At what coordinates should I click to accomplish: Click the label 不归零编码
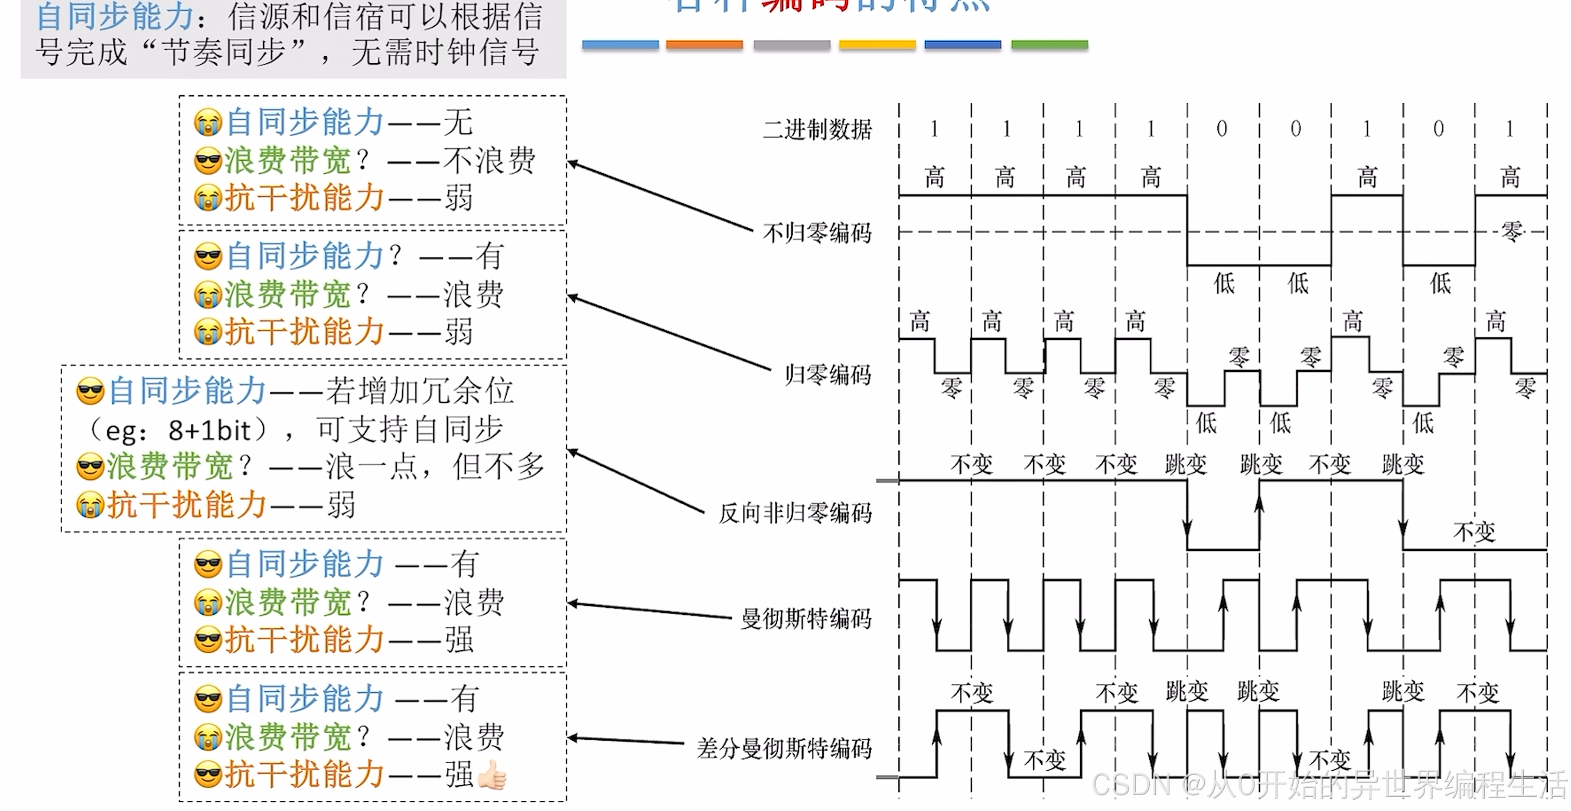[817, 233]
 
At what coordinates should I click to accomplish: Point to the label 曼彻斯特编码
[806, 619]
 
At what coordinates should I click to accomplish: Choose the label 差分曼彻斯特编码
[784, 748]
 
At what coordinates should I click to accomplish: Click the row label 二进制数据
[817, 129]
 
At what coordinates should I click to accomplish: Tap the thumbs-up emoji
[492, 776]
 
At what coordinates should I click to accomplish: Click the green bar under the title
[1049, 44]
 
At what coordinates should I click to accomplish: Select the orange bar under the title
[704, 44]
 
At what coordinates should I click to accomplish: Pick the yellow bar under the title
[877, 44]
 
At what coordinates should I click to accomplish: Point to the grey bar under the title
[791, 44]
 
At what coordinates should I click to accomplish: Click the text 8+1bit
[209, 431]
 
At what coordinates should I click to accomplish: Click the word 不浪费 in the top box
[489, 161]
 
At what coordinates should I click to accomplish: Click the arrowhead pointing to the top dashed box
[572, 163]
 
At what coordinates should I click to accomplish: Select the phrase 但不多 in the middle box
[498, 467]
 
